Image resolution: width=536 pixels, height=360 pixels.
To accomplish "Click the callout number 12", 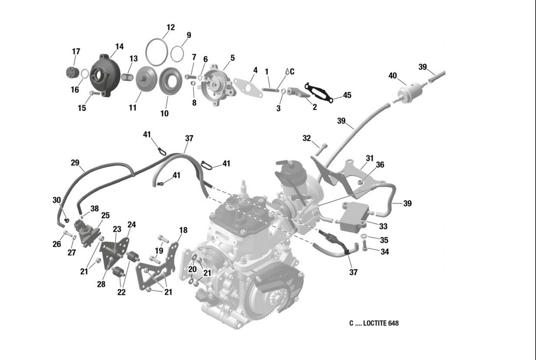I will pyautogui.click(x=170, y=27).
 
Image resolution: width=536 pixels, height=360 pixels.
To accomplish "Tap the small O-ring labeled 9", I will pyautogui.click(x=177, y=54).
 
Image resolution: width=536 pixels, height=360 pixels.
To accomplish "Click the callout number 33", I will pyautogui.click(x=383, y=226).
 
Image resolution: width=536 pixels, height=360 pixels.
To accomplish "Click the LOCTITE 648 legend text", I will pyautogui.click(x=374, y=323).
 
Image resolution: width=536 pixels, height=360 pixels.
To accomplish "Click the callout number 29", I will pyautogui.click(x=75, y=162).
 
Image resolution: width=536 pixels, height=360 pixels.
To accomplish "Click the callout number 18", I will pyautogui.click(x=183, y=230).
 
